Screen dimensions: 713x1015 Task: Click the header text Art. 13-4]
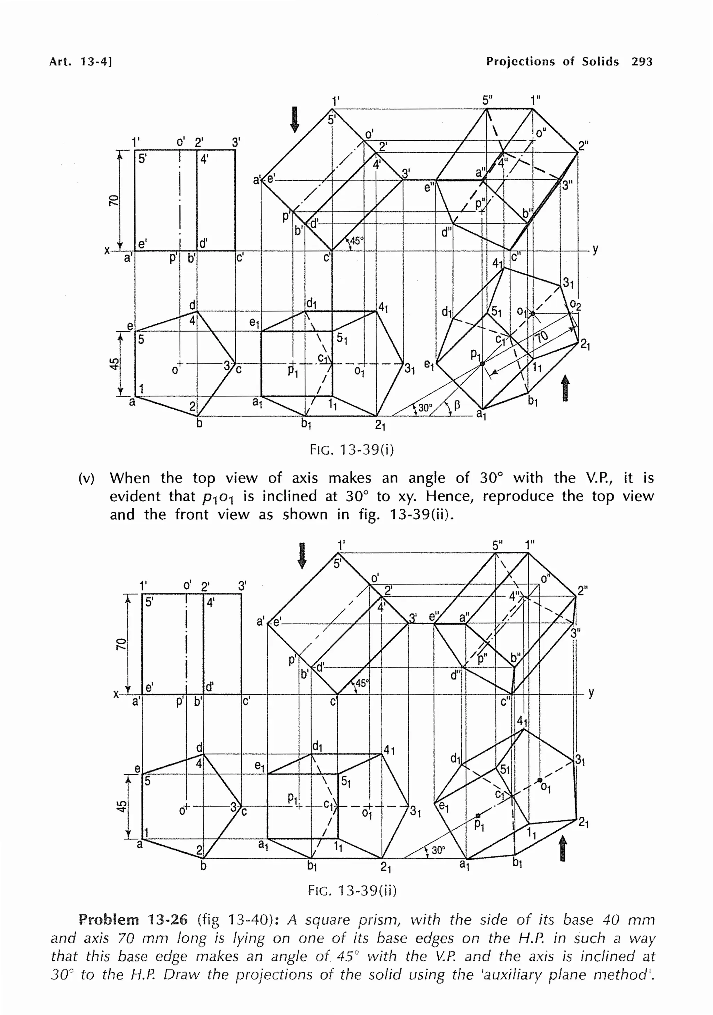pos(80,61)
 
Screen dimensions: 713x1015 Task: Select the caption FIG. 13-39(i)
pos(352,450)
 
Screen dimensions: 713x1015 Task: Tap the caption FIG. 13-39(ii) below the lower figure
pos(352,890)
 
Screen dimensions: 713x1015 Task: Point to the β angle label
pos(457,404)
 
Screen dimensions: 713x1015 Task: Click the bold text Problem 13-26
pos(133,920)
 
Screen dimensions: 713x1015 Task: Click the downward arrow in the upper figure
pos(295,119)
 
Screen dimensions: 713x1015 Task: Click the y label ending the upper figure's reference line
pos(595,249)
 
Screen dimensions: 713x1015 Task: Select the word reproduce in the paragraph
pos(517,496)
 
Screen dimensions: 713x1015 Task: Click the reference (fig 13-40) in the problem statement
pos(233,920)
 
